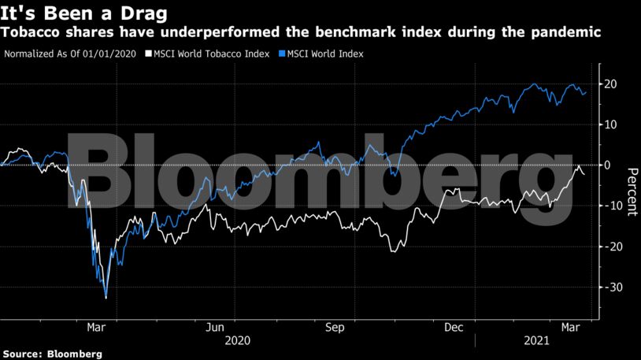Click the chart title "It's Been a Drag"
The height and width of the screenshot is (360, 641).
click(x=77, y=12)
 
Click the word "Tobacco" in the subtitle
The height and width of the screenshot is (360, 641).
click(x=32, y=32)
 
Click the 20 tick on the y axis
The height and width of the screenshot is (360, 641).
click(x=611, y=84)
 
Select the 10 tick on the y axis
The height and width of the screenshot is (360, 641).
click(x=611, y=124)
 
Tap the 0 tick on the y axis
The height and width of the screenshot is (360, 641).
click(x=608, y=165)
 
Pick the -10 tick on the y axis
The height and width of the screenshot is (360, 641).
click(x=610, y=206)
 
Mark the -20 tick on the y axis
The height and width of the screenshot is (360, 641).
click(x=610, y=247)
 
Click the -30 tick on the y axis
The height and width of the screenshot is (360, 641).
click(x=610, y=288)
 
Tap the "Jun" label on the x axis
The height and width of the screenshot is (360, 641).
click(x=215, y=326)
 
